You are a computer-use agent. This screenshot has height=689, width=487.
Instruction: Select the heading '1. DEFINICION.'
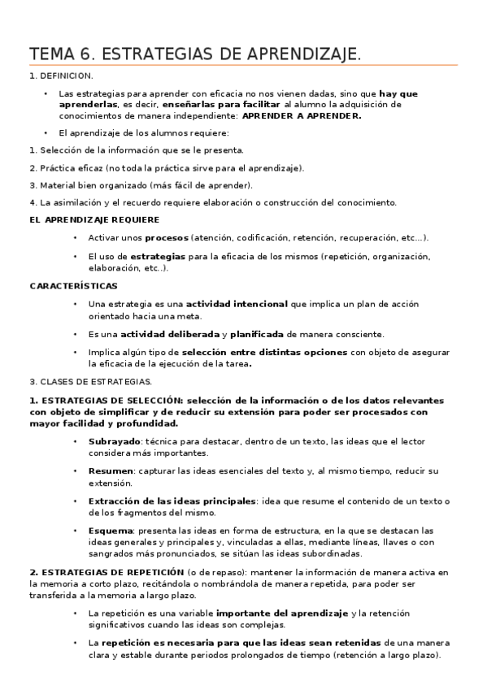pyautogui.click(x=61, y=76)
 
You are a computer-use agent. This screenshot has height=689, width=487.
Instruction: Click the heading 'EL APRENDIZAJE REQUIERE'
pyautogui.click(x=94, y=219)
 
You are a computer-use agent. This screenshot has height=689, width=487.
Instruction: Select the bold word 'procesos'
pyautogui.click(x=167, y=238)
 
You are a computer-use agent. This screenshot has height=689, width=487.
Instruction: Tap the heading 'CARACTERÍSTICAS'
pyautogui.click(x=73, y=286)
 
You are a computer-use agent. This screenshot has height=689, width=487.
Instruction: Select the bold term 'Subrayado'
pyautogui.click(x=115, y=441)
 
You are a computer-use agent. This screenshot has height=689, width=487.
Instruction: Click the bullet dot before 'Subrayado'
pyautogui.click(x=75, y=441)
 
